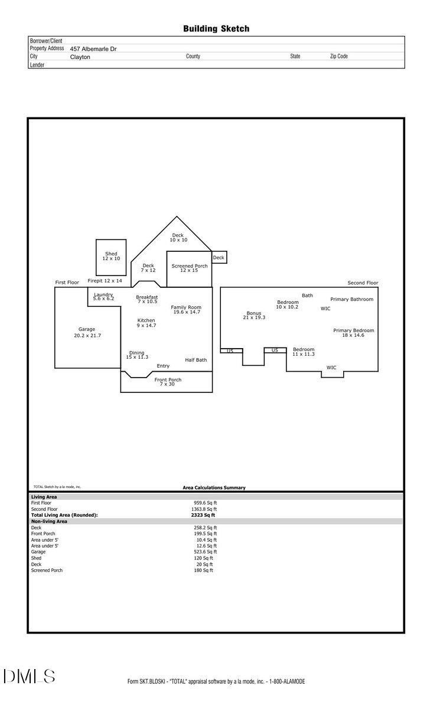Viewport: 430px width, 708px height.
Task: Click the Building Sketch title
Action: point(216,28)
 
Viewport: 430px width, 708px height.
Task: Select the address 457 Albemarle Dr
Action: point(93,49)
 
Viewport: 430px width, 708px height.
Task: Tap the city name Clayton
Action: point(80,57)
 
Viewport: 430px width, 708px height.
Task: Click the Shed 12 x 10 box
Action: point(111,257)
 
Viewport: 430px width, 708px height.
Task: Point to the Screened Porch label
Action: point(190,266)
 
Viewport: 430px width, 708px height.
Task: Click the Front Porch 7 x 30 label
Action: point(167,382)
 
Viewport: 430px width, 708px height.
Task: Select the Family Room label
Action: point(186,307)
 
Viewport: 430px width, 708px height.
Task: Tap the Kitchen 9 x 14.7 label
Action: point(146,323)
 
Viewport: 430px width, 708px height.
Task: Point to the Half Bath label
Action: point(196,360)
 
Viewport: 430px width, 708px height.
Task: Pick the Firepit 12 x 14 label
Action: point(105,281)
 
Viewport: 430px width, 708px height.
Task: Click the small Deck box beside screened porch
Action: point(219,258)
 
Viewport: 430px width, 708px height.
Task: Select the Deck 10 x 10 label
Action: point(178,238)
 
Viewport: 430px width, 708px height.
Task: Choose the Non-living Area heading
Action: point(49,522)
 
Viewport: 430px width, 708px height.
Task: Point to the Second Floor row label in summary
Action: point(44,509)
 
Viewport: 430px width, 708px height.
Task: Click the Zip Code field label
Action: point(338,57)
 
